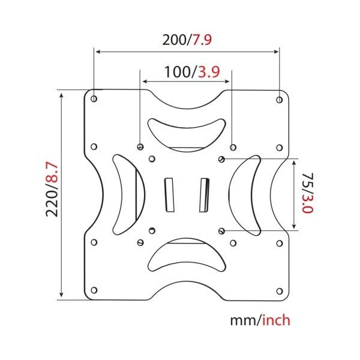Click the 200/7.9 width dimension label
point(187,40)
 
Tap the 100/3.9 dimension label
point(192,72)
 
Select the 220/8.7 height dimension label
point(52,190)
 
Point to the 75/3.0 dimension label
point(307,193)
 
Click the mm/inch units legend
point(260,320)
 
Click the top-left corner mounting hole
point(94,99)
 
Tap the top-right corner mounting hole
point(280,100)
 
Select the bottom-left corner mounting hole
point(94,290)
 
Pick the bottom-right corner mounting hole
point(280,291)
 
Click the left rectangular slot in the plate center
point(169,194)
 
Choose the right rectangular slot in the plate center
point(204,195)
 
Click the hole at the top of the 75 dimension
point(221,159)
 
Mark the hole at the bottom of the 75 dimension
point(221,231)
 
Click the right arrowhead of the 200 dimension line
point(277,52)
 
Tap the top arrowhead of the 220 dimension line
point(61,95)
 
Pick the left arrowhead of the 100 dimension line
point(145,81)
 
